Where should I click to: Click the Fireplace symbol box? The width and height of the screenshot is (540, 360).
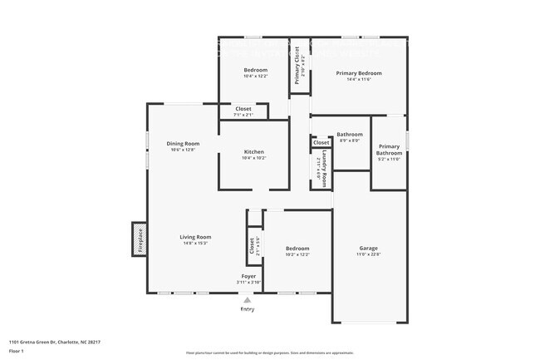coord(140,239)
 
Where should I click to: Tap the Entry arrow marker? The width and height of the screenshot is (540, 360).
coord(247,300)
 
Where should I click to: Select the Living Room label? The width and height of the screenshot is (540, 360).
coord(196,237)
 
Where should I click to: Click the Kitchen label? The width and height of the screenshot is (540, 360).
coord(254,151)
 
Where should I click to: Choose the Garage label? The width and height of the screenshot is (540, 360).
coord(368,249)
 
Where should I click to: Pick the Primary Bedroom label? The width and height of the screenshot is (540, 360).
coord(358,73)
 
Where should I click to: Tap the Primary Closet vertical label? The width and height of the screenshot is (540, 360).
coord(297,64)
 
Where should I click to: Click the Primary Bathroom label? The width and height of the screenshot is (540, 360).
coord(389,150)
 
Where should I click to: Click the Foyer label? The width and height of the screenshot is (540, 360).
coord(248,276)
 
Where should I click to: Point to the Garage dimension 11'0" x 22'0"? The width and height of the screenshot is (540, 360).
coord(368,255)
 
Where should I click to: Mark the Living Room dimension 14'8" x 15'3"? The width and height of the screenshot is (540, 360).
coord(196,244)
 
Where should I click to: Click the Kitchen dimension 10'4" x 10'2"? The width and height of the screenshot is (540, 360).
coord(254,158)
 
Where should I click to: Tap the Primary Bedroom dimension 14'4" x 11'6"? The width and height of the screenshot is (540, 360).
coord(358,80)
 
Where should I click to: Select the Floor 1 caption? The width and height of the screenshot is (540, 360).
coord(17,351)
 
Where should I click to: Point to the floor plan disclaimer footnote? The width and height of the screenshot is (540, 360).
coord(270,353)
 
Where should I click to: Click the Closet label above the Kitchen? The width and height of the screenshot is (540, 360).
coord(243,109)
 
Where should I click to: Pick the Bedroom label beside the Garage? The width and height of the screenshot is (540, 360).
coord(297,249)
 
